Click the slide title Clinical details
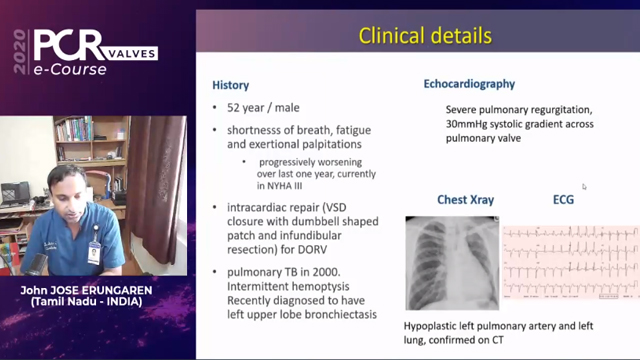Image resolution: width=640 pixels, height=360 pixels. coord(425,37)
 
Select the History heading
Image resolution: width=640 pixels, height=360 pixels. coord(232,85)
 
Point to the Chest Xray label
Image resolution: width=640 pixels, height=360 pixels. coord(465,200)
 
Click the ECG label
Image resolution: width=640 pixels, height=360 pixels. coord(564,200)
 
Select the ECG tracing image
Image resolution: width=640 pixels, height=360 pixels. coord(569,261)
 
